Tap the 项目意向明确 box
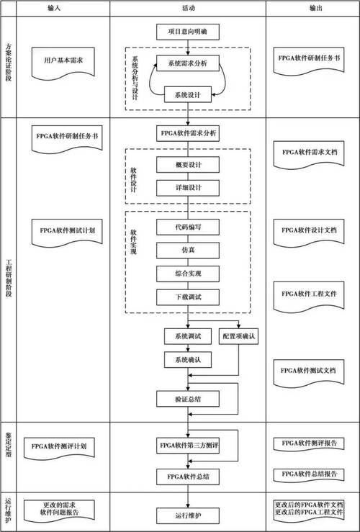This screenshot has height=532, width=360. [x=187, y=32]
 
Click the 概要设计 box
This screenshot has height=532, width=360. [x=188, y=165]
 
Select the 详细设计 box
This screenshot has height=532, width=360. [x=188, y=189]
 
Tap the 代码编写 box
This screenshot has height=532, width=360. [x=188, y=227]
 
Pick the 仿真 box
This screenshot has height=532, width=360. [x=188, y=250]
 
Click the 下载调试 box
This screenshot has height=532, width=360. [x=188, y=297]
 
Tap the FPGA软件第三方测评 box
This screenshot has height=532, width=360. [x=188, y=446]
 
